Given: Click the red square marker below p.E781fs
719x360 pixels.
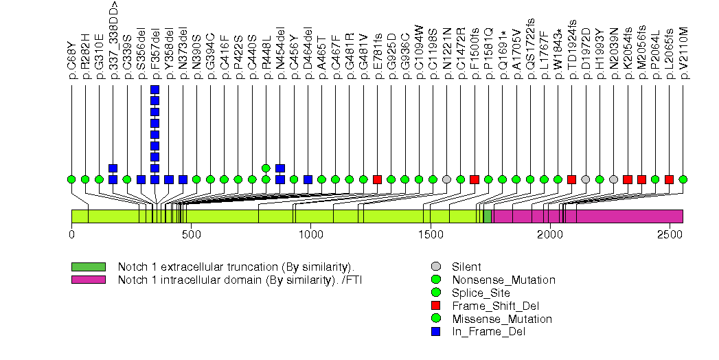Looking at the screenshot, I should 377,179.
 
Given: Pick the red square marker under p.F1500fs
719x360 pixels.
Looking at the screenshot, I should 475,179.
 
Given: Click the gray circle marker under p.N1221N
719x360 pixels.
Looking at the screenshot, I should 446,179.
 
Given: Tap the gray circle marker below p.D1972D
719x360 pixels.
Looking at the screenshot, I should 586,179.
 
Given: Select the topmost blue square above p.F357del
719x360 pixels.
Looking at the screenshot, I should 155,90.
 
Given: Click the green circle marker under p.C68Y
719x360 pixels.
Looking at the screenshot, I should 71,179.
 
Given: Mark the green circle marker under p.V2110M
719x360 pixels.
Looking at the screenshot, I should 683,179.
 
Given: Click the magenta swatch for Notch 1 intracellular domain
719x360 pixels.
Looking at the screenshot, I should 89,280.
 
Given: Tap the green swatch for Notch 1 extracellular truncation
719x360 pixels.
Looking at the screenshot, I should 89,267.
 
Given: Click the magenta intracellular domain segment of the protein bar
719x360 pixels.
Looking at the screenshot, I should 587,216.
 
